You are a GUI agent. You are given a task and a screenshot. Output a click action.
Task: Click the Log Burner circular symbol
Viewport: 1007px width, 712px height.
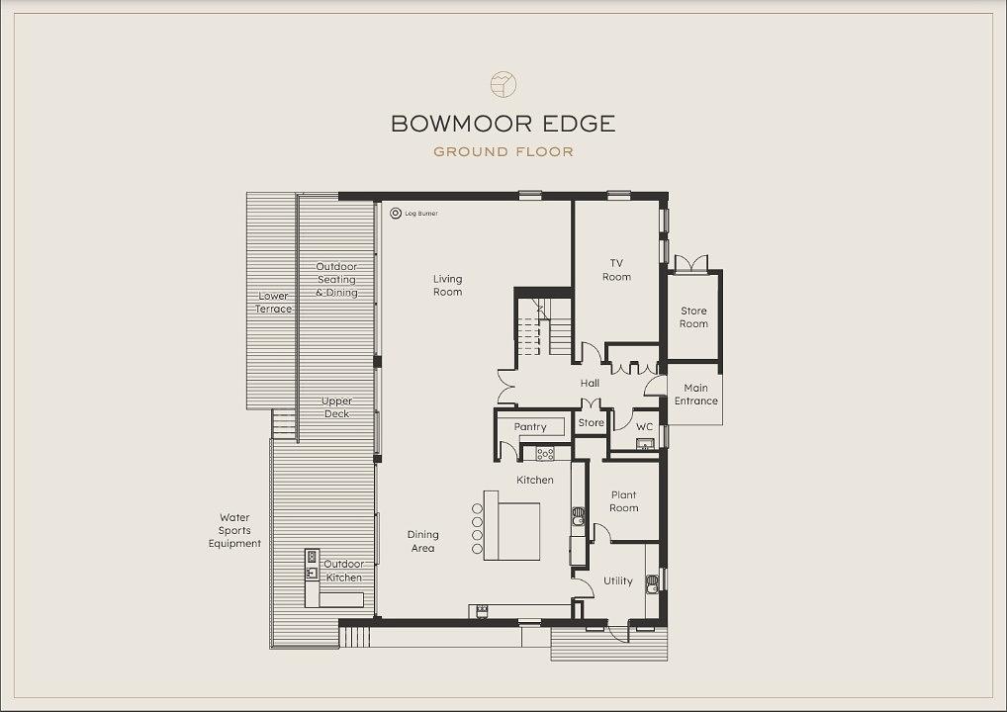396,214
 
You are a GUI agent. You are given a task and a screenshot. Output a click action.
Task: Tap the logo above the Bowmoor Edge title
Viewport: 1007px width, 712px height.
503,84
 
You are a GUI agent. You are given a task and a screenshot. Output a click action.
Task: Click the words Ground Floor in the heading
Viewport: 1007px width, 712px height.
503,152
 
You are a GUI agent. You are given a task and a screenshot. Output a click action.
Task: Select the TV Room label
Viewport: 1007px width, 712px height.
616,270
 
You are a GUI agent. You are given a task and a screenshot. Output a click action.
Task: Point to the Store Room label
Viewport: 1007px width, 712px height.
693,317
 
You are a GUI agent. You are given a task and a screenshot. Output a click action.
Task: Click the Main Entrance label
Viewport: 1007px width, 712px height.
696,395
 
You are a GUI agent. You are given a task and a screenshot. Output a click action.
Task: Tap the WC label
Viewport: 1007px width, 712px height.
644,427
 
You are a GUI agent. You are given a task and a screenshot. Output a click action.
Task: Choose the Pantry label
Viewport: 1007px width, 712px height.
530,427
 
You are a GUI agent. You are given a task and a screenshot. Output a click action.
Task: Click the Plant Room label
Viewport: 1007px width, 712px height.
623,501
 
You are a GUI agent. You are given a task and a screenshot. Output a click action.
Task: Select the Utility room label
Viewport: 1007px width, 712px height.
618,581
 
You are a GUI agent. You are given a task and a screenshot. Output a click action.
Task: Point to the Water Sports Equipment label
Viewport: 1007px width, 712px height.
234,530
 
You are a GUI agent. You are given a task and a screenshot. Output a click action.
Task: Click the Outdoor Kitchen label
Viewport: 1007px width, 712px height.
343,571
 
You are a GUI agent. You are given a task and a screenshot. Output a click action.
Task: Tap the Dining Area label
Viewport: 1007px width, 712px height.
422,541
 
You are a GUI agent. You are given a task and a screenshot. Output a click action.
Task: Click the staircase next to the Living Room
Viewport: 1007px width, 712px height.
544,327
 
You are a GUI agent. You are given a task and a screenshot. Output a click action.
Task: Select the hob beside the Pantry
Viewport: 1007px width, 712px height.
545,454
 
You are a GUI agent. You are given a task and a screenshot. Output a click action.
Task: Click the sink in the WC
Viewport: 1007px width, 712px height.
644,444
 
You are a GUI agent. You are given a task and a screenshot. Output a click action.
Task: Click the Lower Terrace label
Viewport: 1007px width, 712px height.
274,303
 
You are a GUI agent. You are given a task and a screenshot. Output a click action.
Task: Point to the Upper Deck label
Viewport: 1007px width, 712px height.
336,407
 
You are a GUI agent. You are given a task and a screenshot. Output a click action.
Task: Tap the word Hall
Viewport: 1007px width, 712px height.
590,384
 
